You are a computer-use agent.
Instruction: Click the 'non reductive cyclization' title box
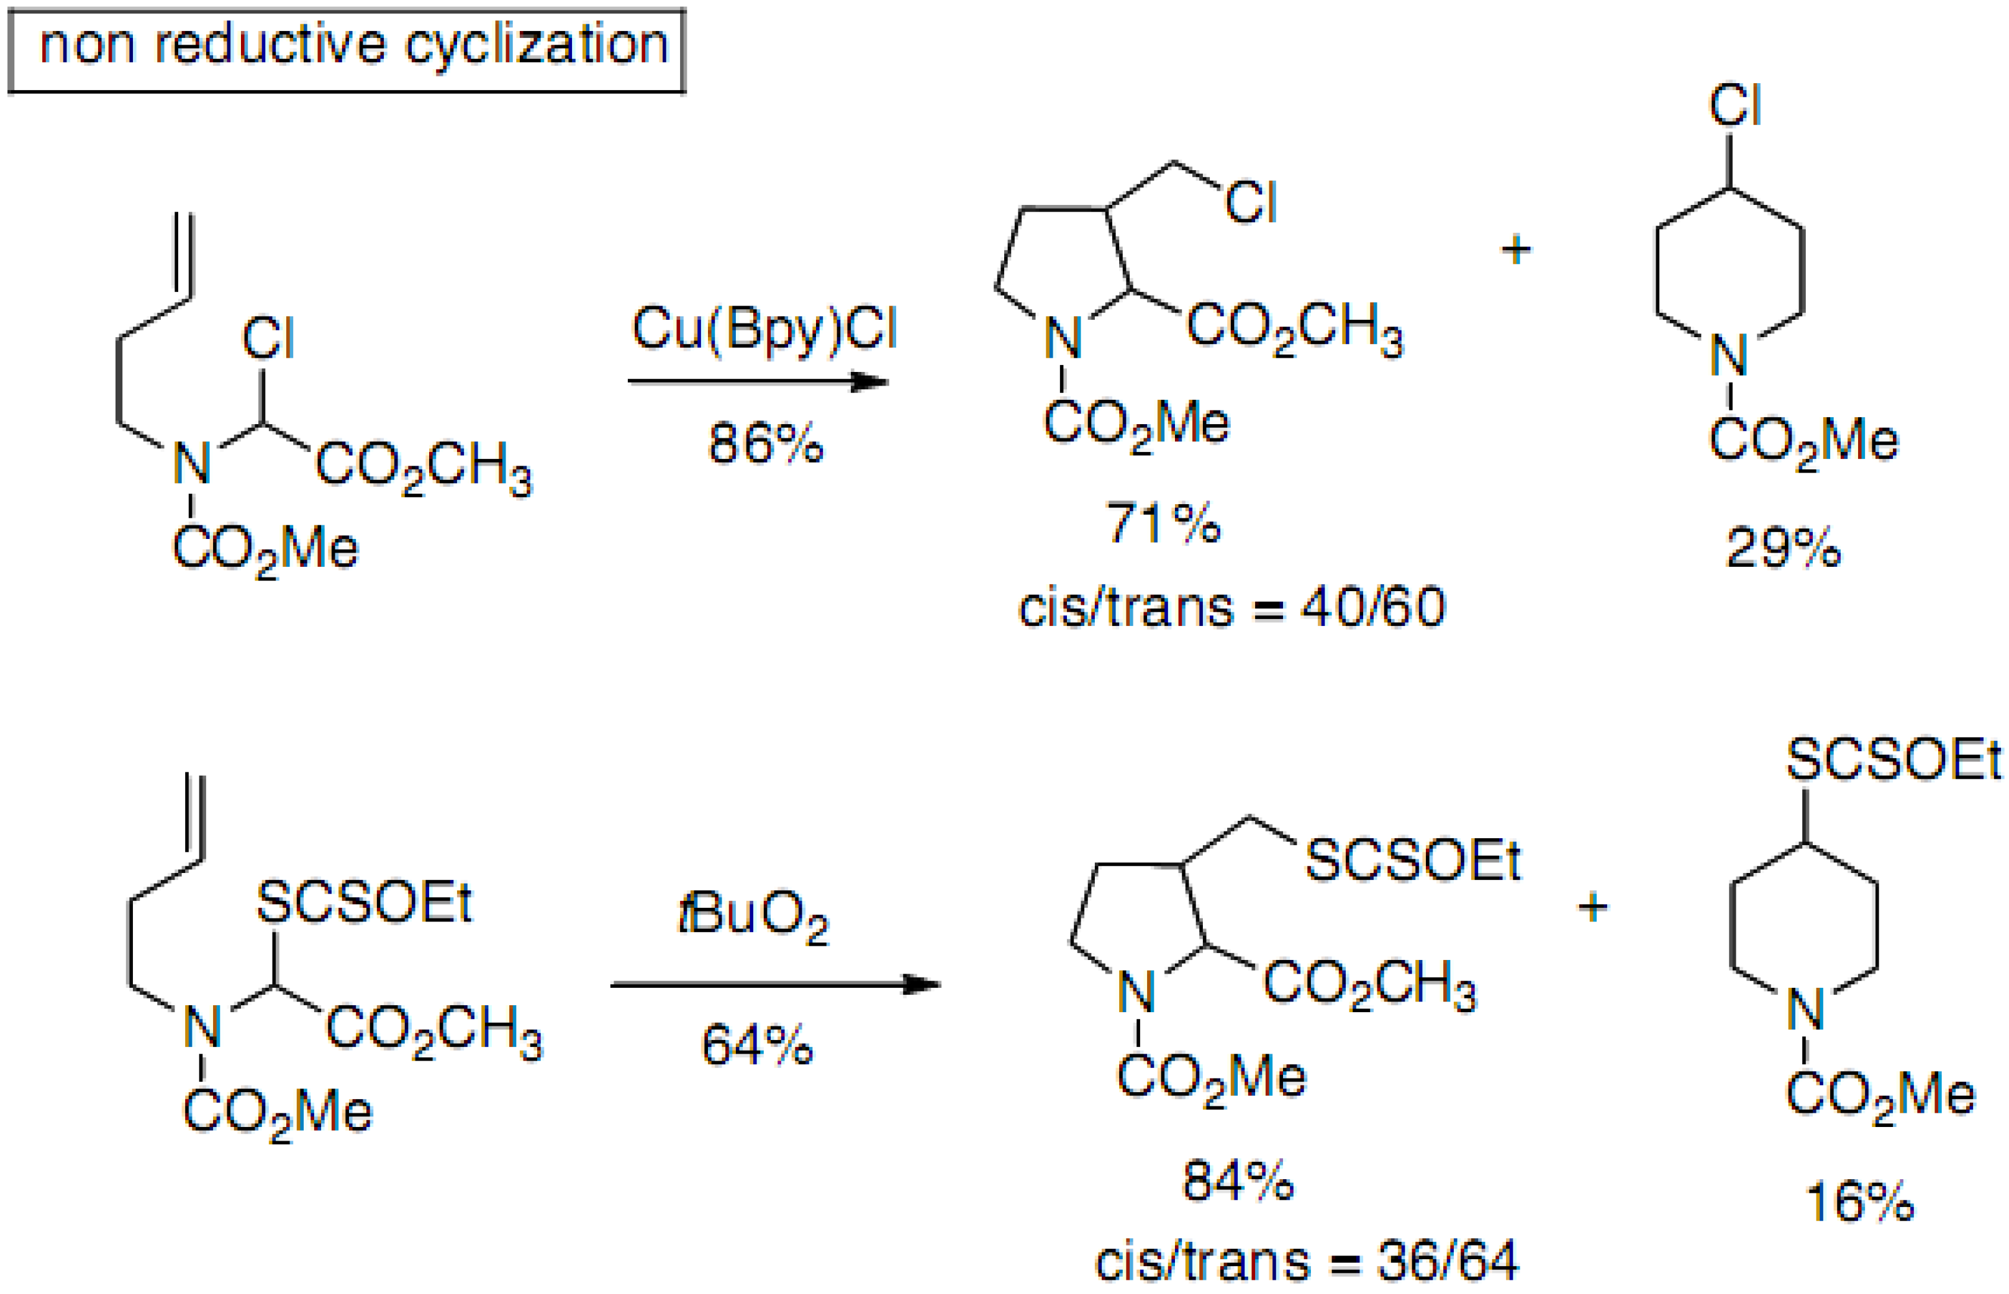346,48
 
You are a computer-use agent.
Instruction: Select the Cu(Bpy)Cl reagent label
764,328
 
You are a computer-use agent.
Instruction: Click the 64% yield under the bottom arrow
756,1045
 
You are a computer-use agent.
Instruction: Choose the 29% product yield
1783,548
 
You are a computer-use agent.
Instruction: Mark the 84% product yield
1238,1180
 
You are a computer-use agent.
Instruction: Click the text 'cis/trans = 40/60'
1231,607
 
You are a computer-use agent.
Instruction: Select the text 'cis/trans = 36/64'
1307,1261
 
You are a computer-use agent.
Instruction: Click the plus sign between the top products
1516,250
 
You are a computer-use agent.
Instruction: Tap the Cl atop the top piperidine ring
1735,107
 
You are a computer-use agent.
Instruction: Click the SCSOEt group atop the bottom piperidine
1893,761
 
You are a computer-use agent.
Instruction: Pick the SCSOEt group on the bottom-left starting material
364,904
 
